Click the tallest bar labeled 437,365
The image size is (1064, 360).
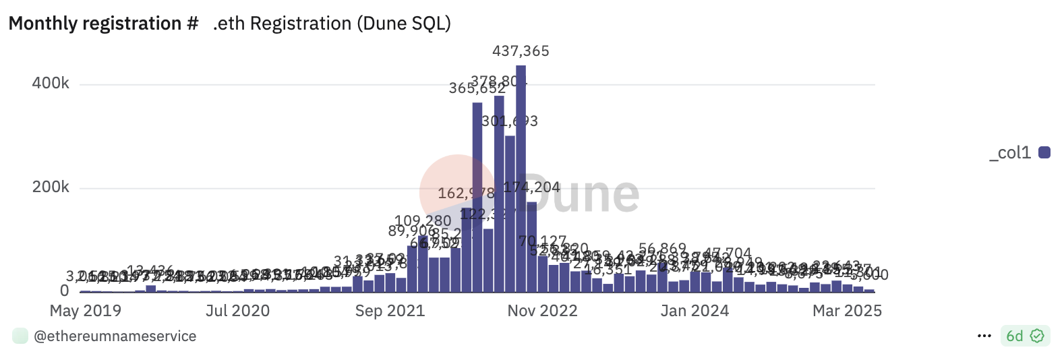(x=521, y=179)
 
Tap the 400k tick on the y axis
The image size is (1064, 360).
(x=51, y=84)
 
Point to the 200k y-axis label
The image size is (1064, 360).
(x=51, y=187)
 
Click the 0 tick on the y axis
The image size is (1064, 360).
(x=64, y=291)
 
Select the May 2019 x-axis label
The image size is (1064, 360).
(x=86, y=311)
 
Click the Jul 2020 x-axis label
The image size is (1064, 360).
(x=237, y=311)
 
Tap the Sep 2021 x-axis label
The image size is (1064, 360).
(x=390, y=311)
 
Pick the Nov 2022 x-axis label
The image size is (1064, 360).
(x=542, y=311)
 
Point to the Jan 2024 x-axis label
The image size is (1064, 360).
(x=694, y=311)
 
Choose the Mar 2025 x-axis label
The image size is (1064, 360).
(x=847, y=311)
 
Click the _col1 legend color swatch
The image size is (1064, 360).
(x=1044, y=152)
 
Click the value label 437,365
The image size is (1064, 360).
(x=521, y=51)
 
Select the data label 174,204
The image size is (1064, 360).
(x=532, y=187)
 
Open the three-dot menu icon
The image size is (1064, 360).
(x=984, y=336)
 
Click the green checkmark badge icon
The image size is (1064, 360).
(x=1037, y=336)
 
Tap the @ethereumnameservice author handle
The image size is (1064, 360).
(x=115, y=336)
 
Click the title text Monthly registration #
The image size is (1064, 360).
(x=103, y=24)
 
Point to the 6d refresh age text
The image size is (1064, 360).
(x=1014, y=336)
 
